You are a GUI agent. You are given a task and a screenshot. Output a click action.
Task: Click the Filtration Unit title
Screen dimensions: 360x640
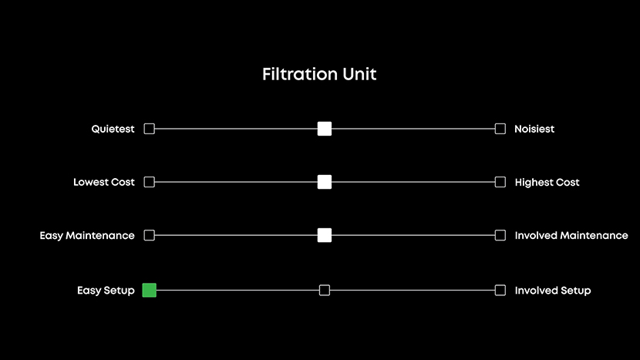point(319,75)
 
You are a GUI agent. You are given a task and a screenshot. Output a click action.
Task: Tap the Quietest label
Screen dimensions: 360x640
point(113,129)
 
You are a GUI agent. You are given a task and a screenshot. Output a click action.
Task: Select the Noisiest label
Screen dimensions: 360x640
point(534,129)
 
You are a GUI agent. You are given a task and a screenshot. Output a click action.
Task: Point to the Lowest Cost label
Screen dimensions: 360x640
point(103,183)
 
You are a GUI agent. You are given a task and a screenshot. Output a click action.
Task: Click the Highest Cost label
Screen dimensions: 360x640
point(547,183)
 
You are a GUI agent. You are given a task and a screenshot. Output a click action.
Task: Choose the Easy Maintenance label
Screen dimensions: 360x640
point(87,235)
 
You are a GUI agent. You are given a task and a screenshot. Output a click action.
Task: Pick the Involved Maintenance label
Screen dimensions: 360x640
point(571,235)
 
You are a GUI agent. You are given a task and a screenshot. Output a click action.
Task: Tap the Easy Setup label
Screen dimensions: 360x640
point(106,291)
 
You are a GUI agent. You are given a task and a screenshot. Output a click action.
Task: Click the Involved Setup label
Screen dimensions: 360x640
point(553,291)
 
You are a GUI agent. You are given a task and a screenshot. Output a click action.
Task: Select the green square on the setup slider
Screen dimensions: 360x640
point(150,290)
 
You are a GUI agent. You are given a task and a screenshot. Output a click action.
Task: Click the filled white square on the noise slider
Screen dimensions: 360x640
point(325,129)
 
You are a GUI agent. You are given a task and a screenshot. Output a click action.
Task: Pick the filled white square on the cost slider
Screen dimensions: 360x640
point(325,182)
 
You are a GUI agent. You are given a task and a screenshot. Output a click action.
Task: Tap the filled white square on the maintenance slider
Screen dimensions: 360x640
point(325,235)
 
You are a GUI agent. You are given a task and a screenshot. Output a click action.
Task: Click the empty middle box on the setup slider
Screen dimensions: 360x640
point(325,290)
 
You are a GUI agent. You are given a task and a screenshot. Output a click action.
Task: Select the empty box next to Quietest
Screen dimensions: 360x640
point(150,129)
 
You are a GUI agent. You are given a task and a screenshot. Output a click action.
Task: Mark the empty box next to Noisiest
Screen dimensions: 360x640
point(500,129)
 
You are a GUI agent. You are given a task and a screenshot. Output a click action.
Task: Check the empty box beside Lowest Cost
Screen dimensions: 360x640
point(150,182)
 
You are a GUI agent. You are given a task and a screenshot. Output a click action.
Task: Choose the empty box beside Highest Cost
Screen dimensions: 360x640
point(500,182)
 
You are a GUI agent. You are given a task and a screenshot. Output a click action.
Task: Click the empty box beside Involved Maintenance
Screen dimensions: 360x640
point(500,235)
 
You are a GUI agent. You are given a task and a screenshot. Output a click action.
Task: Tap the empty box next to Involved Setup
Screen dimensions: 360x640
point(500,290)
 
